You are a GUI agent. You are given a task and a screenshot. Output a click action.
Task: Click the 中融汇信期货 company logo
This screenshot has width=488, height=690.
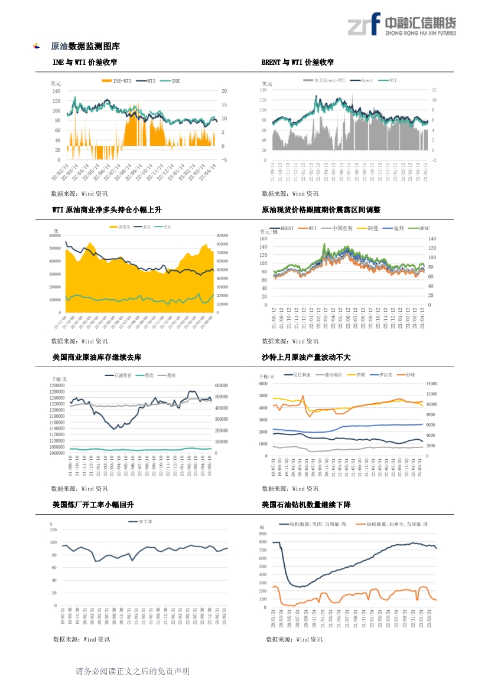coord(401,24)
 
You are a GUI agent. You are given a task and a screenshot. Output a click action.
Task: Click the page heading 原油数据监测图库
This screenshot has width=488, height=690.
coord(86,46)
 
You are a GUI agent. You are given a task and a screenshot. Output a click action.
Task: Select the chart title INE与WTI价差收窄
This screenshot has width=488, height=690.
coord(84,62)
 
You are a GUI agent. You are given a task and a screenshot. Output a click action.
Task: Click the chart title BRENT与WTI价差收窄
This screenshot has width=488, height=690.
coord(297,62)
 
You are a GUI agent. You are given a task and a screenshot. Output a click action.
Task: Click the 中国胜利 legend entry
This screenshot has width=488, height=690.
coord(341,228)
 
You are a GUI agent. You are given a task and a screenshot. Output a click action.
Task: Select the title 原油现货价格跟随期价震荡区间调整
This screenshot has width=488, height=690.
coord(321,210)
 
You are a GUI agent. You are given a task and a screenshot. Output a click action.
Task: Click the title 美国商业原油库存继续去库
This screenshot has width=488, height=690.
coord(96,357)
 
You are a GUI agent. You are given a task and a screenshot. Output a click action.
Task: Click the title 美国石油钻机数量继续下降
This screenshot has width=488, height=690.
coord(306,505)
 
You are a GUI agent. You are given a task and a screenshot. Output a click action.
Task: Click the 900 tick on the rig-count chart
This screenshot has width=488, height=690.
coord(263,534)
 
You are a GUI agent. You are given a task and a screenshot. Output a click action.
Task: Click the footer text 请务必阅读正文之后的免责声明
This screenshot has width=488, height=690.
coord(133,671)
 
